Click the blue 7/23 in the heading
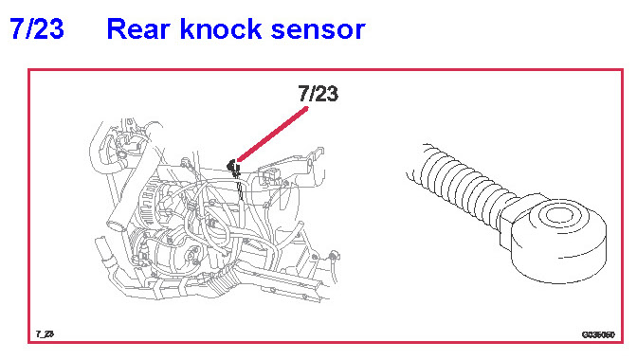pyautogui.click(x=37, y=28)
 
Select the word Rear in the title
pyautogui.click(x=139, y=28)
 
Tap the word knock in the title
pyautogui.click(x=221, y=28)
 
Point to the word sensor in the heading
pyautogui.click(x=318, y=30)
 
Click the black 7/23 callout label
pyautogui.click(x=318, y=94)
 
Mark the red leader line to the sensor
pyautogui.click(x=272, y=134)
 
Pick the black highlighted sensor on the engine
pyautogui.click(x=233, y=166)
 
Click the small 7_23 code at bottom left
pyautogui.click(x=45, y=334)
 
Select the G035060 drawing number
pyautogui.click(x=598, y=334)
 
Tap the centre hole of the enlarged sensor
pyautogui.click(x=557, y=215)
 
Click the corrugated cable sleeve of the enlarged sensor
pyautogui.click(x=464, y=185)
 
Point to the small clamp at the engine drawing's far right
pyautogui.click(x=334, y=256)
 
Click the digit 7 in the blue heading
pyautogui.click(x=17, y=28)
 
